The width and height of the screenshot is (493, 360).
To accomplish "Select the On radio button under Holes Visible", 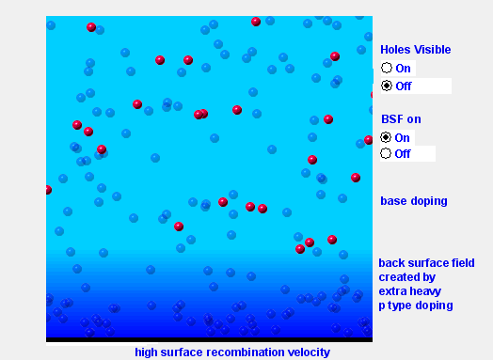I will pyautogui.click(x=386, y=68).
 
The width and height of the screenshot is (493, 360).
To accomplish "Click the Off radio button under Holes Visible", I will pyautogui.click(x=386, y=86).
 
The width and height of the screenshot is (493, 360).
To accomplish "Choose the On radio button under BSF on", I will pyautogui.click(x=386, y=137).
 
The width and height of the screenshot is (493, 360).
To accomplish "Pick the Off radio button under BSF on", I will pyautogui.click(x=386, y=153).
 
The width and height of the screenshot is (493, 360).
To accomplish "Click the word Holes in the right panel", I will pyautogui.click(x=395, y=50).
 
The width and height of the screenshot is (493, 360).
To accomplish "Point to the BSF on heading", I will pyautogui.click(x=401, y=119).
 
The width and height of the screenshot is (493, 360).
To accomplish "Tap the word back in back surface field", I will pyautogui.click(x=392, y=262).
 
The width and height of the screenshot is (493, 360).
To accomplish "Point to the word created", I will pyautogui.click(x=399, y=277).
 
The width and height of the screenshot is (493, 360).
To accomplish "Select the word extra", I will pyautogui.click(x=393, y=291).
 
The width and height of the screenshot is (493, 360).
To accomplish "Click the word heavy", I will pyautogui.click(x=428, y=291).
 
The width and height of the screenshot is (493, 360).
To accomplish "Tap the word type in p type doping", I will pyautogui.click(x=404, y=305).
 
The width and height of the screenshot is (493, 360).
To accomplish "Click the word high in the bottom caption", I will pyautogui.click(x=147, y=352).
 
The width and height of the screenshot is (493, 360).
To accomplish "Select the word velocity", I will pyautogui.click(x=308, y=352).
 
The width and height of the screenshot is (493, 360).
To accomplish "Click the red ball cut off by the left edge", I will pyautogui.click(x=48, y=190).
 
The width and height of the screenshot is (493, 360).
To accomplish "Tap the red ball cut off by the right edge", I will pyautogui.click(x=369, y=140).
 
